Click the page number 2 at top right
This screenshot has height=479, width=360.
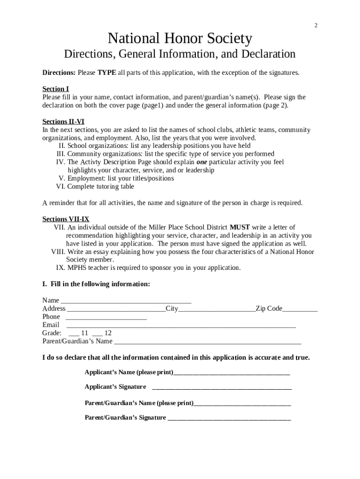[316, 25]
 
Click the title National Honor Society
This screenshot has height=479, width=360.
[180, 38]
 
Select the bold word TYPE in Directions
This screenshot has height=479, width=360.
[107, 73]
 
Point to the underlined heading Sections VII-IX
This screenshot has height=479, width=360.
[65, 219]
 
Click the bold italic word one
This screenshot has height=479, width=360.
[202, 162]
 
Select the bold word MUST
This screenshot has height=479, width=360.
[239, 227]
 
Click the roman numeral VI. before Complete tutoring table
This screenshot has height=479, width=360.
[61, 187]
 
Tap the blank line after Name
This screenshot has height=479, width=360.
[126, 300]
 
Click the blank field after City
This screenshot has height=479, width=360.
[216, 309]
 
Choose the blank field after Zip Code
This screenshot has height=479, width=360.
[300, 309]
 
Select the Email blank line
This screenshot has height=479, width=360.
[181, 325]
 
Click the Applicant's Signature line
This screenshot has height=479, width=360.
[222, 387]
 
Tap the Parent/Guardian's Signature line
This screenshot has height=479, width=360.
[229, 418]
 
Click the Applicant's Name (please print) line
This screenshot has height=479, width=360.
[231, 373]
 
